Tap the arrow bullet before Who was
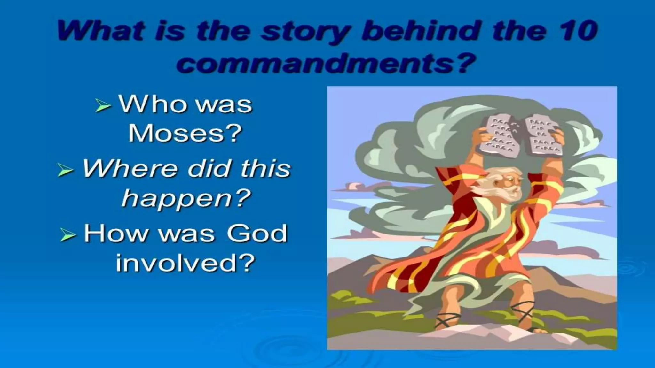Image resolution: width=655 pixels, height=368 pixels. pyautogui.click(x=103, y=106)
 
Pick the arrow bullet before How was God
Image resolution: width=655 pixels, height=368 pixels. pyautogui.click(x=68, y=236)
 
